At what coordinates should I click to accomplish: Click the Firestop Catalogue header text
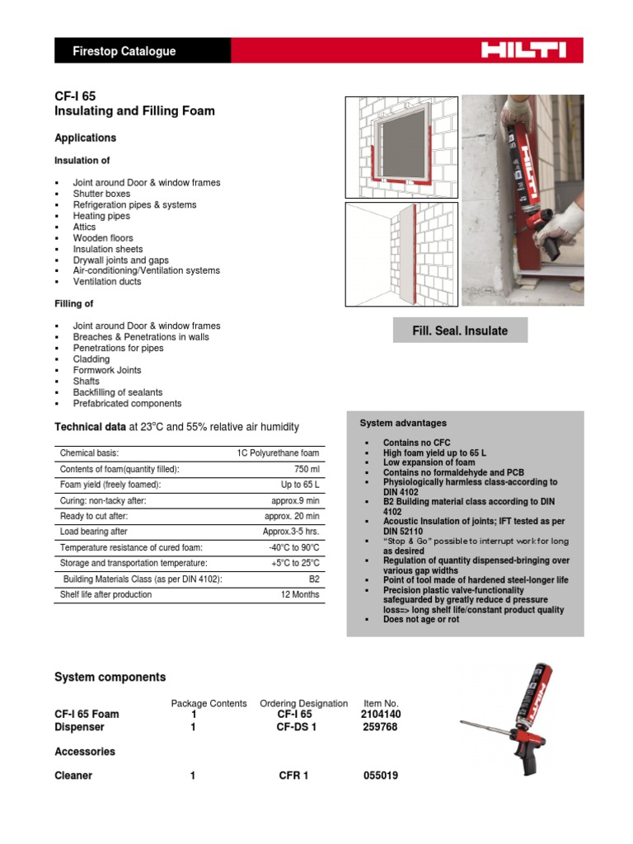pos(124,51)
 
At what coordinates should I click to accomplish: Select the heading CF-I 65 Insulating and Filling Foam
pos(134,103)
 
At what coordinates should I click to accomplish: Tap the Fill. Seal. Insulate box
pos(460,331)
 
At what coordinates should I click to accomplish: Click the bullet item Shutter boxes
pos(101,194)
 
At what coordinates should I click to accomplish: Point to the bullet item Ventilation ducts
pos(107,282)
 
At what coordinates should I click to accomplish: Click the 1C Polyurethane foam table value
pos(277,453)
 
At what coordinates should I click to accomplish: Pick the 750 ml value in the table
pos(305,469)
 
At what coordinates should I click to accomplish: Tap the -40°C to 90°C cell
pos(293,547)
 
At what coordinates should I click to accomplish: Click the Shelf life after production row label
pos(105,594)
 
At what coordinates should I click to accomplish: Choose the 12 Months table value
pos(299,594)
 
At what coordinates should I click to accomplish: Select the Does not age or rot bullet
pos(421,619)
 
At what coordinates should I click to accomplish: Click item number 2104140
pos(380,714)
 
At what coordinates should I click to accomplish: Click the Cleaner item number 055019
pos(380,776)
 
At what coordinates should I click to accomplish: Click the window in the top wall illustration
pos(392,146)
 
